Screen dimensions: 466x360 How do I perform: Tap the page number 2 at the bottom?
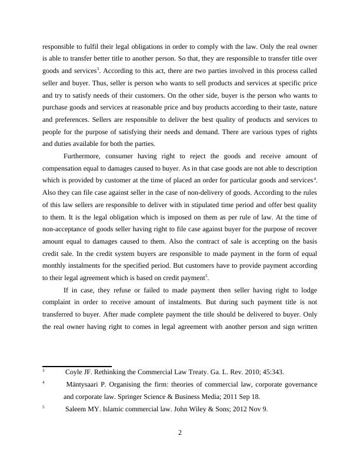pyautogui.click(x=180, y=434)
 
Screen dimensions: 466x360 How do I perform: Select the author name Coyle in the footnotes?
pyautogui.click(x=75, y=372)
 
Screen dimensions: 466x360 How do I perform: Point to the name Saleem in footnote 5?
pyautogui.click(x=76, y=410)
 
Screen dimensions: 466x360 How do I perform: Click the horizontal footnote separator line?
pyautogui.click(x=76, y=366)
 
